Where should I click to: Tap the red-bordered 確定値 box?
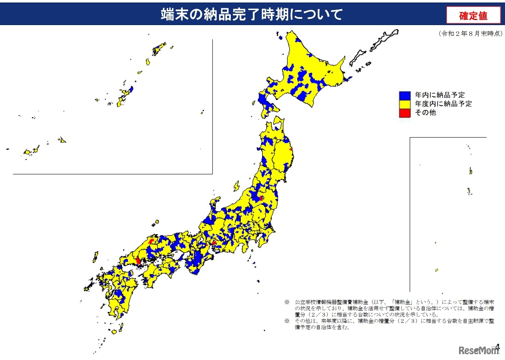[473, 16]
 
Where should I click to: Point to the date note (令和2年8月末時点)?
[470, 34]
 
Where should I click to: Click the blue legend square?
[404, 95]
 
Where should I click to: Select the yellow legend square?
[404, 104]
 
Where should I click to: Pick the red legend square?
[404, 112]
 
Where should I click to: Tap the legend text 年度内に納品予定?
[443, 104]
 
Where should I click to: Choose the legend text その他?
[425, 112]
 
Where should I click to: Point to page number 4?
[497, 347]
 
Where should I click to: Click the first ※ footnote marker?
[287, 301]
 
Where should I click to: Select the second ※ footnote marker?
[287, 321]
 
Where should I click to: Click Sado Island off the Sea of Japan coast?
[236, 185]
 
